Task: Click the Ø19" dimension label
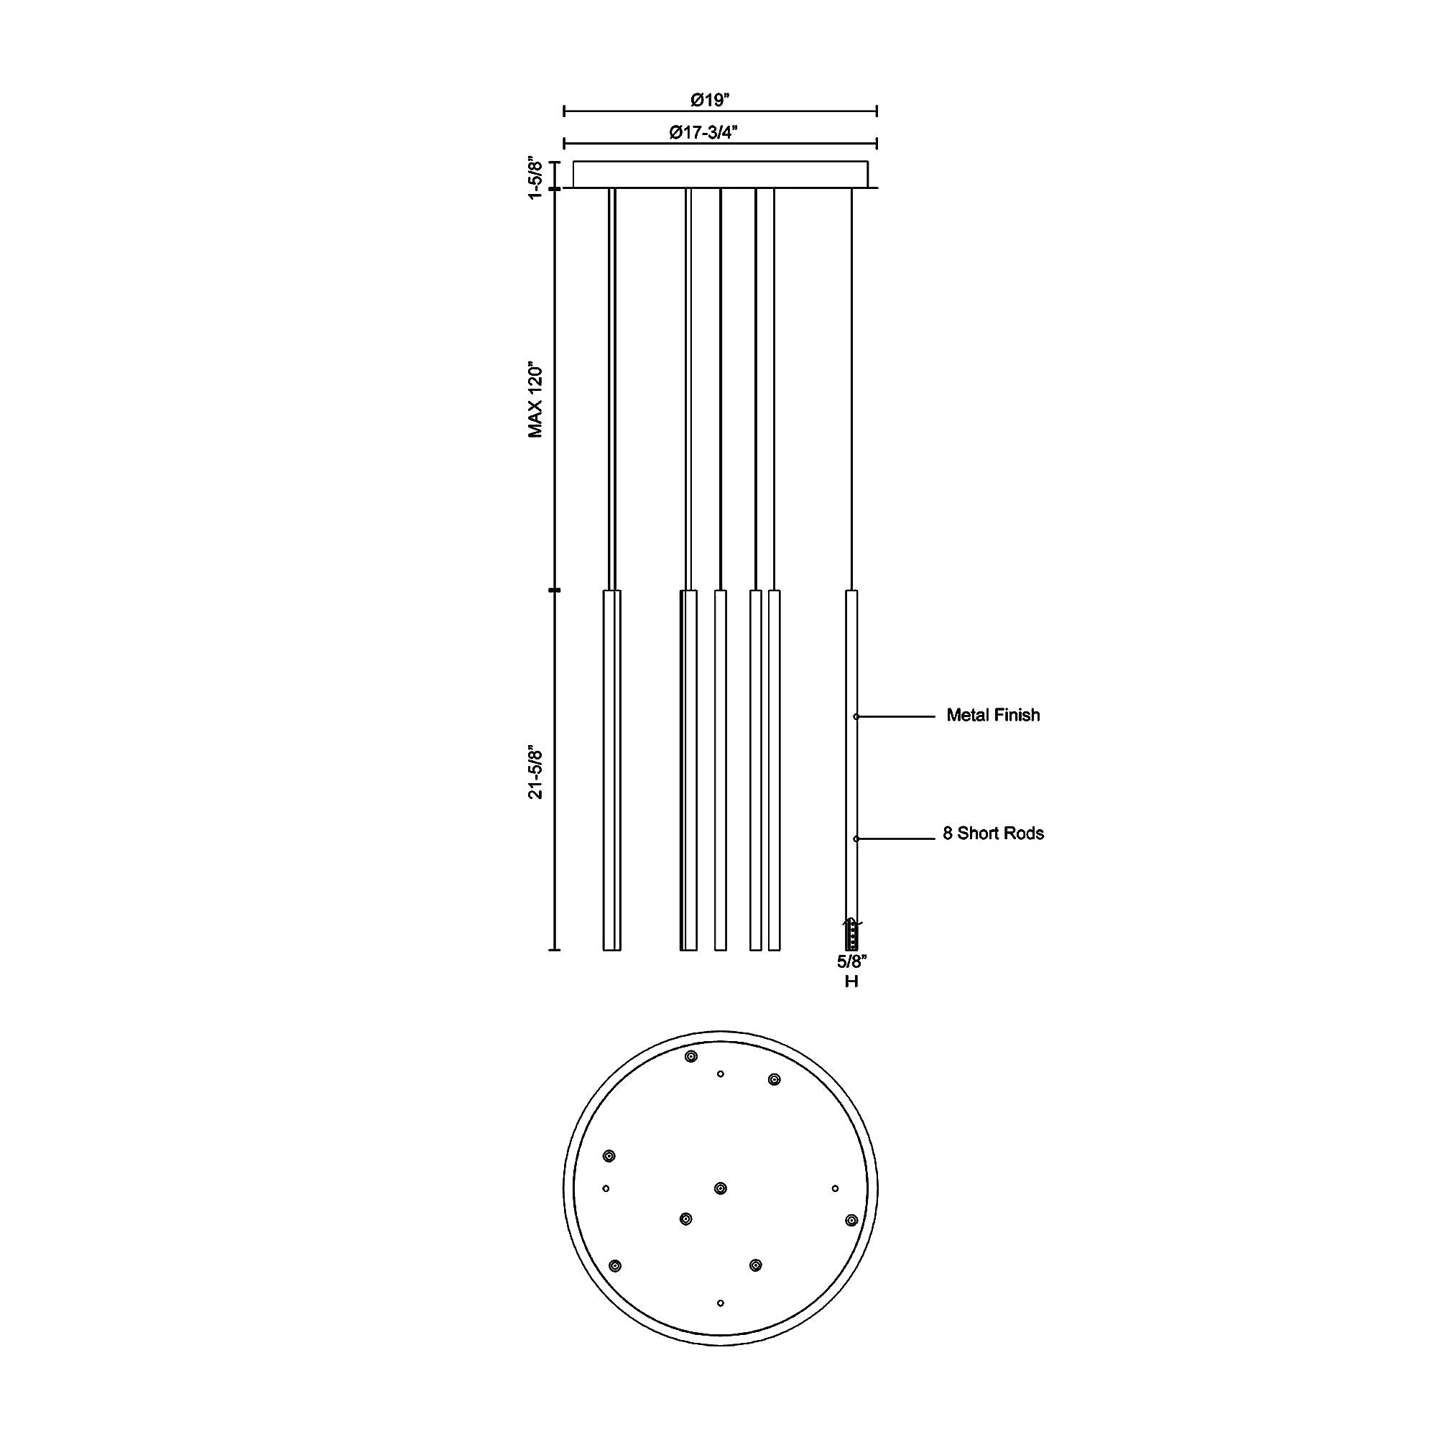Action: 710,99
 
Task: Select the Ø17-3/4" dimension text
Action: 703,132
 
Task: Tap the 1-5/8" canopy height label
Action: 535,177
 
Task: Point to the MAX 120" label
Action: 535,400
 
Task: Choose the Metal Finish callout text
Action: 993,715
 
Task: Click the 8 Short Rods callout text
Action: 993,833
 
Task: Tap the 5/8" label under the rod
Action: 851,961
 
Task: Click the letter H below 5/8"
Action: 851,981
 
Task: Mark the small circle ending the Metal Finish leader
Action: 856,716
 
